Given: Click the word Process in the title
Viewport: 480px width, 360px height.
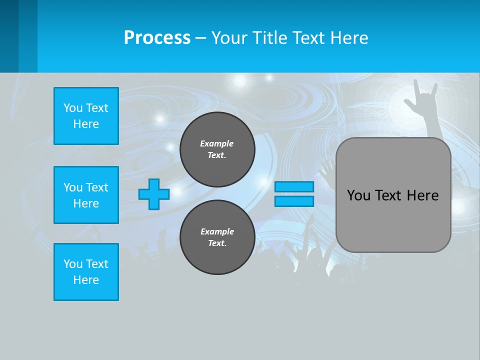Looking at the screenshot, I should pyautogui.click(x=157, y=38).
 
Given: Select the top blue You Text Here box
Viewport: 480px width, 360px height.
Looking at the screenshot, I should pyautogui.click(x=86, y=116).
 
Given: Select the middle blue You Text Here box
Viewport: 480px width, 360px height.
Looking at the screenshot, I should pyautogui.click(x=86, y=195).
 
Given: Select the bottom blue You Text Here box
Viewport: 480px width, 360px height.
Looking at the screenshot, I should pyautogui.click(x=86, y=272).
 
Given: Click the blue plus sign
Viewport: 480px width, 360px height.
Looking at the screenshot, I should pyautogui.click(x=154, y=194).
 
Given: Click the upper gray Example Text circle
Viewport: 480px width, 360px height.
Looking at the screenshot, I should pyautogui.click(x=217, y=149).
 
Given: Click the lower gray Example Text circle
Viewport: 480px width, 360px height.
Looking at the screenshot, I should pyautogui.click(x=217, y=237).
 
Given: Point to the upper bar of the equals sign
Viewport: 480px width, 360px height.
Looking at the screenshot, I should pyautogui.click(x=294, y=187).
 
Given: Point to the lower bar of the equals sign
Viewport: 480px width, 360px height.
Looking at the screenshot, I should pyautogui.click(x=294, y=201).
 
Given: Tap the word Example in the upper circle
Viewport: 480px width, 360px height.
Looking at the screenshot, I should pyautogui.click(x=217, y=143).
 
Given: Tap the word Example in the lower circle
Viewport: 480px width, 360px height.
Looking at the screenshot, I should pyautogui.click(x=217, y=231).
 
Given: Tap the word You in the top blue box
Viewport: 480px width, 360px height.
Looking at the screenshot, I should pyautogui.click(x=73, y=108).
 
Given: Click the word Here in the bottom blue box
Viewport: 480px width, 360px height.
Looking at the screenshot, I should pyautogui.click(x=86, y=280).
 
